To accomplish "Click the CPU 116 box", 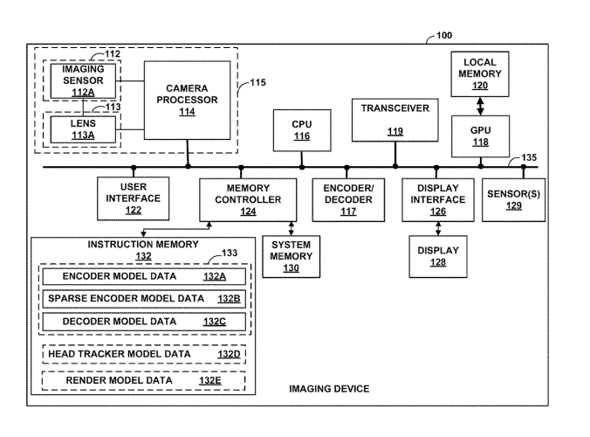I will [301, 130].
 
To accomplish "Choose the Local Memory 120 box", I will [479, 73].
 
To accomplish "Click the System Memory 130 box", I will [291, 256].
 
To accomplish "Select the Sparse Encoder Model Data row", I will [144, 299].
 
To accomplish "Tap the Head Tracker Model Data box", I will [144, 354].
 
